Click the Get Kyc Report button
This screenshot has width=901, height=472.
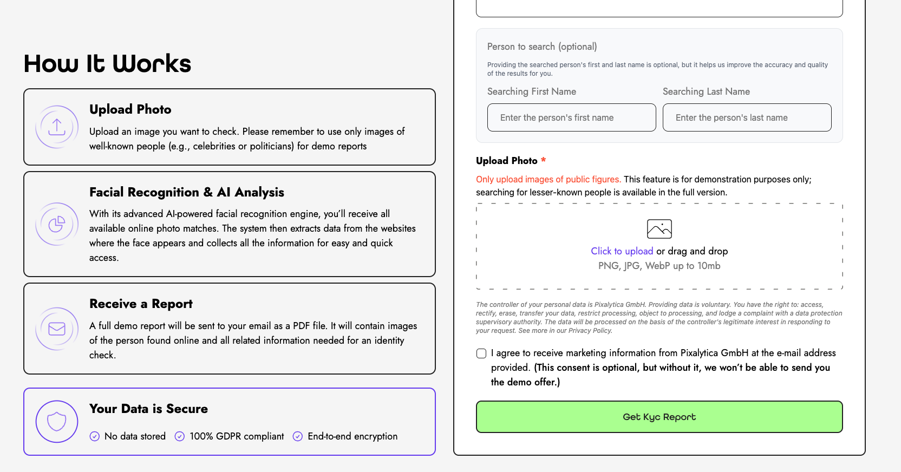point(659,417)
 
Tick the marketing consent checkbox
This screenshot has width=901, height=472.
point(481,353)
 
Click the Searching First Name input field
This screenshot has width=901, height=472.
point(571,117)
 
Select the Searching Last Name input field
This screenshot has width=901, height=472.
point(747,117)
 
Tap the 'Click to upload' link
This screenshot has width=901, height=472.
point(622,251)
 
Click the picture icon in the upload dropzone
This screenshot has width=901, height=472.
point(659,229)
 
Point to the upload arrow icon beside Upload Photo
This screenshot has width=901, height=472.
point(57,127)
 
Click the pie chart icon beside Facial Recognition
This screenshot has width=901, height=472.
point(57,224)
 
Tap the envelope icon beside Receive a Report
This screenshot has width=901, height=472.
point(57,329)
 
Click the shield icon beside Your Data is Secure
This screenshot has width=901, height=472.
point(57,421)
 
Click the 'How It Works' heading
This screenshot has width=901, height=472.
point(107,64)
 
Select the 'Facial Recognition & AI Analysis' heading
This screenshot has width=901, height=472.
point(187,192)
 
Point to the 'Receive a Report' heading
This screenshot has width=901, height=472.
point(141,304)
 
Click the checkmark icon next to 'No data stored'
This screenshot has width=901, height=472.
point(95,436)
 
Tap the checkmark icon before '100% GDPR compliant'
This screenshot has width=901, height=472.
point(180,436)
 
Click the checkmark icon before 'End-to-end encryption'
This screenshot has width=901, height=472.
point(298,436)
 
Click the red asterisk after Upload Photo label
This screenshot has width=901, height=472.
point(543,160)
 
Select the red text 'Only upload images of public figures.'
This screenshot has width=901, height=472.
point(548,179)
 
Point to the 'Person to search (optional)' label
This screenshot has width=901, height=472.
point(542,47)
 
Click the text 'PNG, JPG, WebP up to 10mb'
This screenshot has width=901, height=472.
point(659,266)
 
